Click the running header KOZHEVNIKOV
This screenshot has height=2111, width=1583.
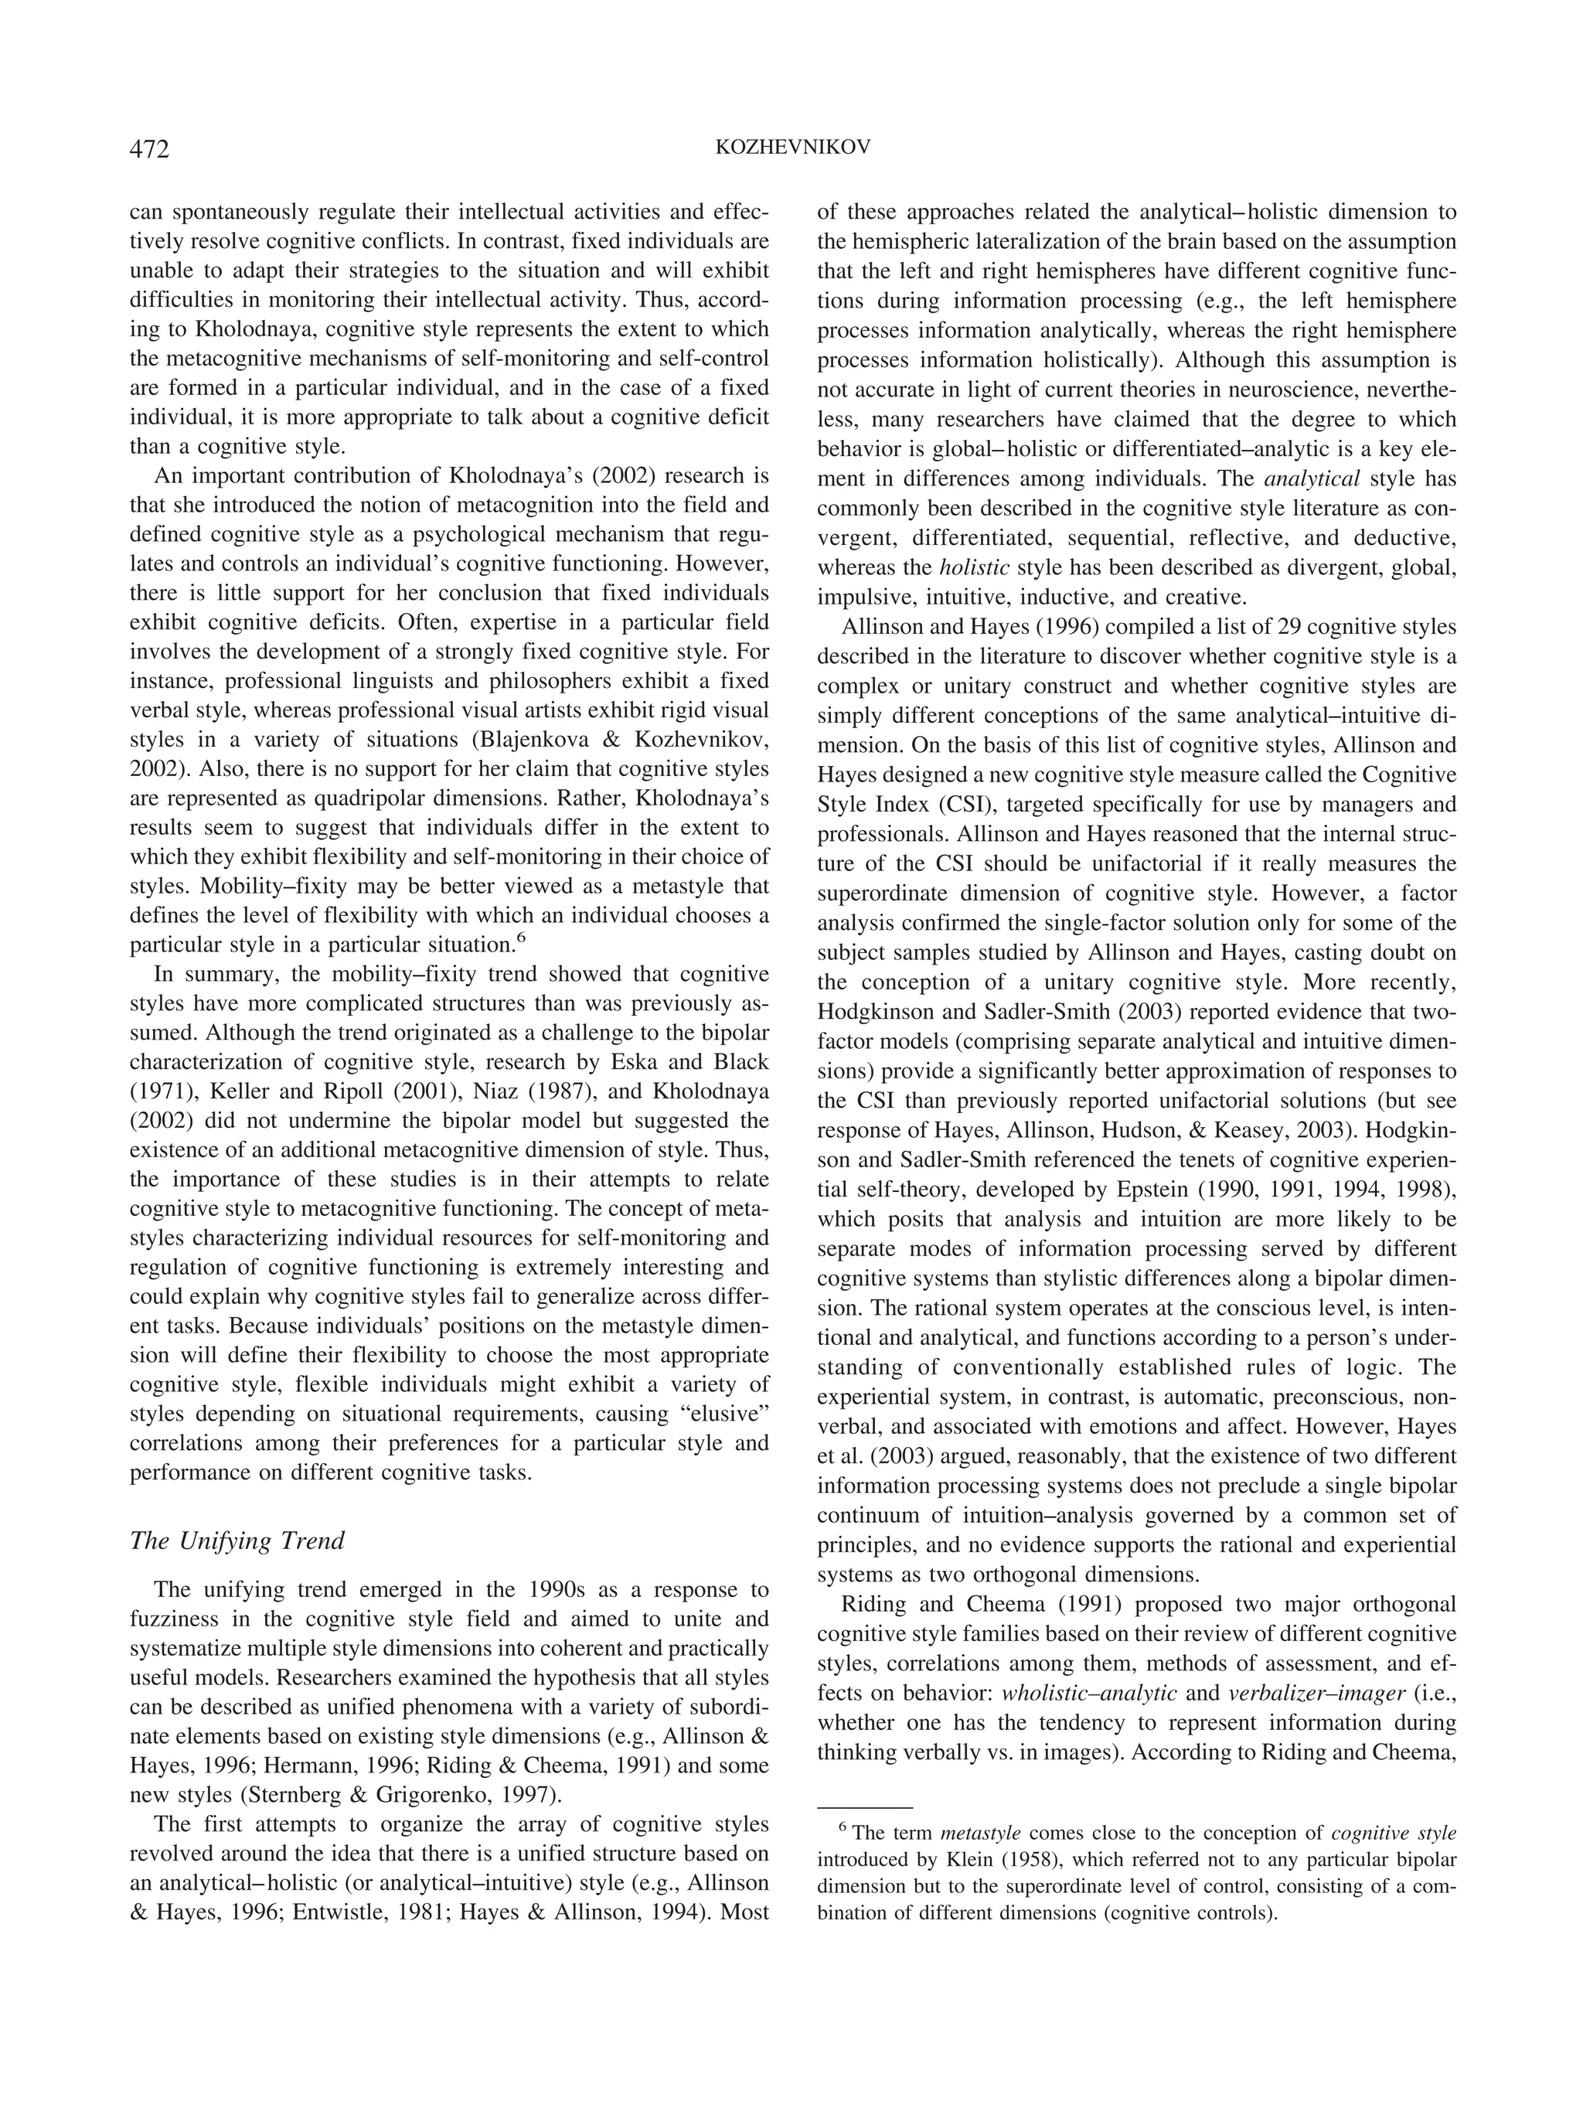(x=792, y=148)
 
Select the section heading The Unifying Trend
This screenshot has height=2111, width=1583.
(x=237, y=1541)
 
